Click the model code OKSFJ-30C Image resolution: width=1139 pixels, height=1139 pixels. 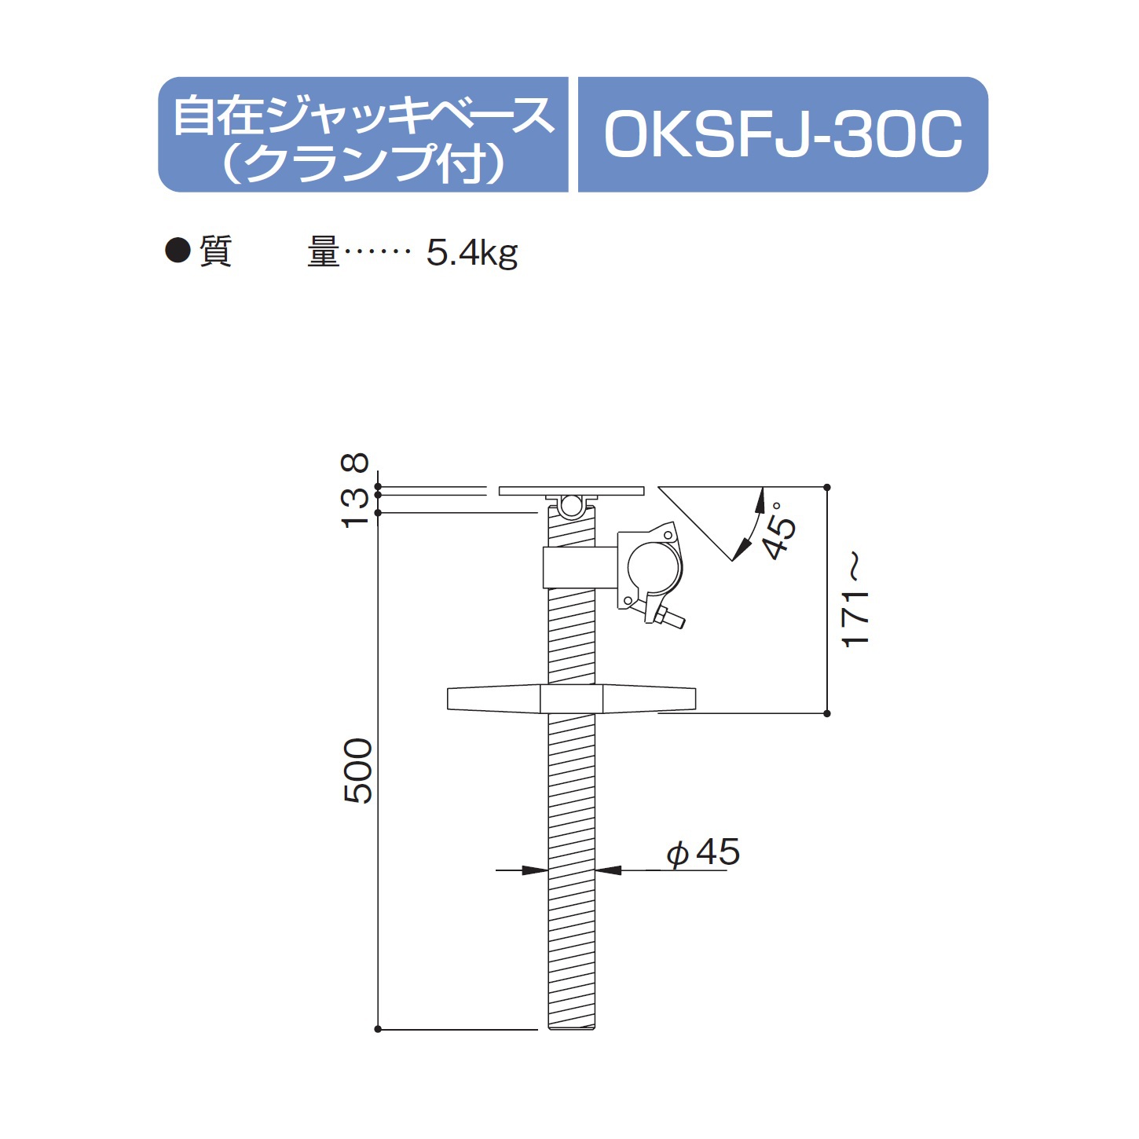point(782,135)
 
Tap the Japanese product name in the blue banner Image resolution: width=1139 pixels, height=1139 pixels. point(364,140)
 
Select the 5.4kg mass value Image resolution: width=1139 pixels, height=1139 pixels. point(471,253)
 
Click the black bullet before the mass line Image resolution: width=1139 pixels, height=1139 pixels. point(178,250)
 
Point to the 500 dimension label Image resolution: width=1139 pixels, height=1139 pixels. point(358,771)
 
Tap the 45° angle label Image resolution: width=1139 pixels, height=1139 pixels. point(780,530)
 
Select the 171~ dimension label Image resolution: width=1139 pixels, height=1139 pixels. point(855,601)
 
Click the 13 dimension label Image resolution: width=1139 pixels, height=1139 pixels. point(354,508)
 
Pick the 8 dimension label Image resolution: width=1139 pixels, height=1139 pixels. point(354,462)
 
